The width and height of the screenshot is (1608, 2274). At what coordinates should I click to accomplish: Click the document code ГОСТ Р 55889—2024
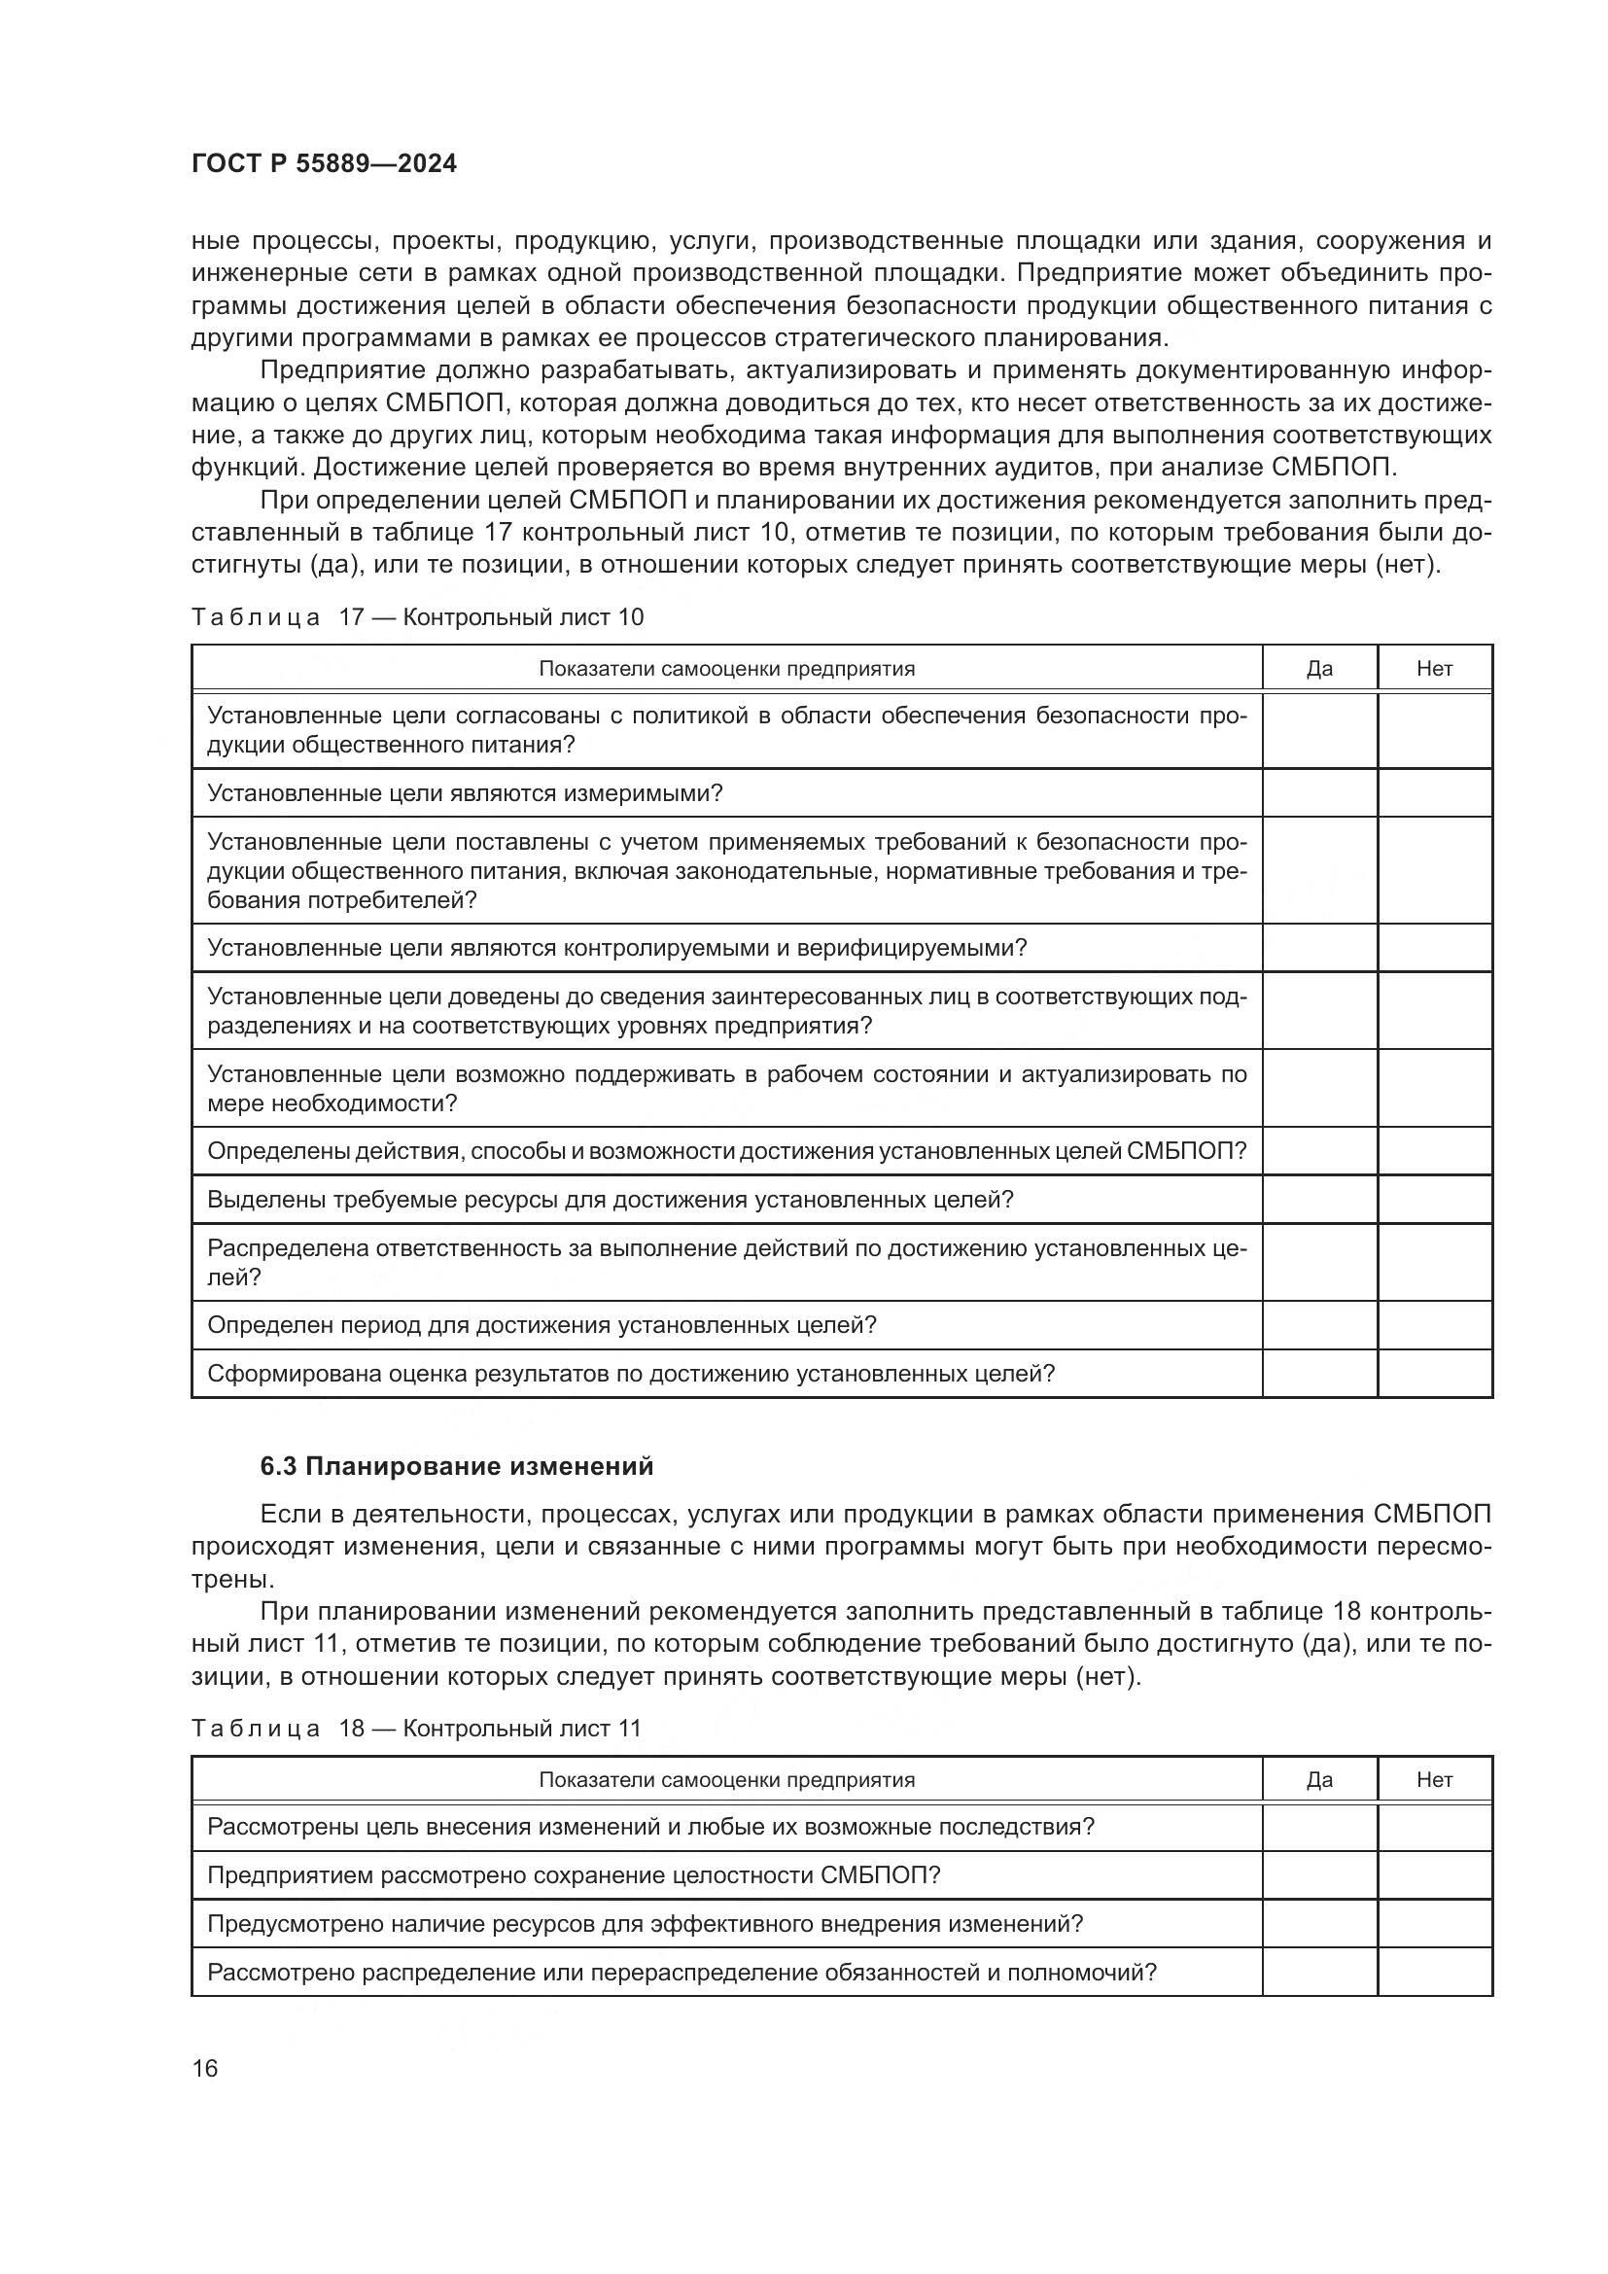click(324, 164)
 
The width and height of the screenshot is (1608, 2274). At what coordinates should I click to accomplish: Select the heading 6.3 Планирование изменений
click(457, 1466)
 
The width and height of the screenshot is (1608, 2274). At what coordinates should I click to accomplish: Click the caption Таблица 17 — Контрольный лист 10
click(417, 617)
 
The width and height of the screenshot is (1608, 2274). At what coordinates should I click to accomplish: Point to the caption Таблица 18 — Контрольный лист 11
click(416, 1729)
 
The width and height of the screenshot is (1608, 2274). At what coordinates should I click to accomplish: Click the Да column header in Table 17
click(1319, 669)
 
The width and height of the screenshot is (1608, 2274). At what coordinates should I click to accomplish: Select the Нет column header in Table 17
click(1434, 669)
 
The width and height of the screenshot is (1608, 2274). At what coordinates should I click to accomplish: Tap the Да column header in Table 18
click(1319, 1780)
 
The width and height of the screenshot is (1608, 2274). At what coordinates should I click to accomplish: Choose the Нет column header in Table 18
click(1434, 1780)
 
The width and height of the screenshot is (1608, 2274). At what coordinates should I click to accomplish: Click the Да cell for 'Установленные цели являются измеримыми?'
click(1319, 793)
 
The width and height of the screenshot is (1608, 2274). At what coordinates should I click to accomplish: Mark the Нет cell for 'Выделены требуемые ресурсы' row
click(1434, 1200)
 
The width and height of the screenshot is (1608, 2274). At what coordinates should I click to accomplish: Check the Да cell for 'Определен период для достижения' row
click(1319, 1325)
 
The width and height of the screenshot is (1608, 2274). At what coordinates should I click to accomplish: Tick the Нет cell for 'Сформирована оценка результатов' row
click(1434, 1374)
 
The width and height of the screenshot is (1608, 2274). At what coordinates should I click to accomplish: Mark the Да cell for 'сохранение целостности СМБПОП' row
click(1319, 1874)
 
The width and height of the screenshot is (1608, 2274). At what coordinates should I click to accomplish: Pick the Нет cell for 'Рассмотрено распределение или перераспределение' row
click(1434, 1972)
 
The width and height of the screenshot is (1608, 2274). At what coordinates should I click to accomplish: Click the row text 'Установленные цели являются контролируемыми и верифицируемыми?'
click(617, 948)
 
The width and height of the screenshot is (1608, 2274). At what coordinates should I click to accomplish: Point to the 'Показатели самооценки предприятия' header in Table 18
click(726, 1780)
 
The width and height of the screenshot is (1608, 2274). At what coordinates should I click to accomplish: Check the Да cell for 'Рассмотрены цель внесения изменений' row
click(1319, 1827)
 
